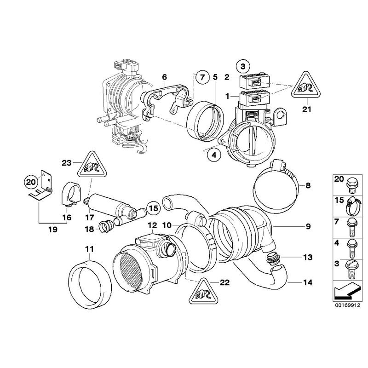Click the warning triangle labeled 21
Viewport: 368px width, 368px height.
click(x=305, y=86)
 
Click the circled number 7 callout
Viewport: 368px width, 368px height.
click(x=201, y=77)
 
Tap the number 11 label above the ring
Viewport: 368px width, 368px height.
click(x=89, y=249)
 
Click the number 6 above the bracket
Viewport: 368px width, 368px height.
click(x=164, y=77)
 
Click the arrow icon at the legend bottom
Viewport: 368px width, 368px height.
click(x=345, y=293)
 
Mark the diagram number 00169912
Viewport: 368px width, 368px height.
click(x=345, y=304)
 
